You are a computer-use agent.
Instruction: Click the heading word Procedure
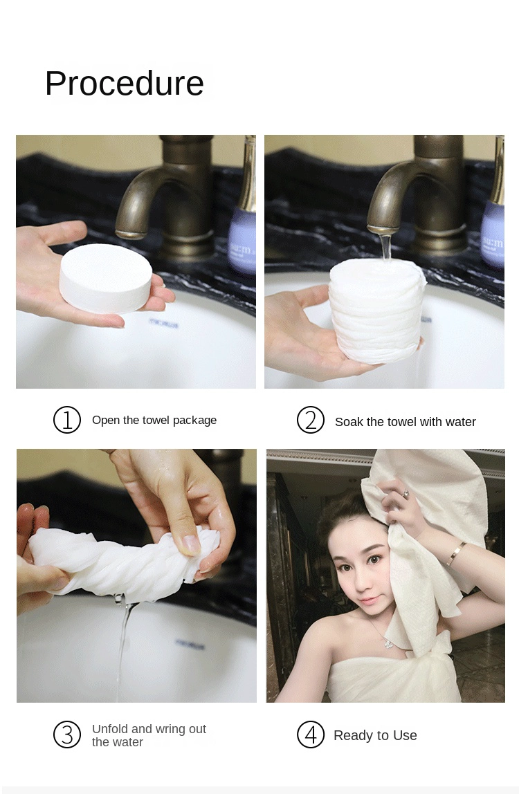[x=125, y=84]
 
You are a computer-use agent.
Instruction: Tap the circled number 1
[x=67, y=420]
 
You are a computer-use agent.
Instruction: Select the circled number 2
[x=310, y=420]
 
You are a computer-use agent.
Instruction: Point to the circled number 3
[x=67, y=735]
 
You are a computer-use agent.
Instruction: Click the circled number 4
[x=310, y=735]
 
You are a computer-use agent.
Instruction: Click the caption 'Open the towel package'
[x=154, y=421]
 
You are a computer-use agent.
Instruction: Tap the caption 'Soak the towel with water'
[x=405, y=422]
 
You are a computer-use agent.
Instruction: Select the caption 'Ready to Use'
[x=375, y=735]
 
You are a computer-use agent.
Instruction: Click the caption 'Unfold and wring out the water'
[x=149, y=735]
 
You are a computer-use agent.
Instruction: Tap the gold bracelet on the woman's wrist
[x=456, y=553]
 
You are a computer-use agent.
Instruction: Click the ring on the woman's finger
[x=405, y=493]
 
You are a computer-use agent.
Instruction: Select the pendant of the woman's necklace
[x=388, y=644]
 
